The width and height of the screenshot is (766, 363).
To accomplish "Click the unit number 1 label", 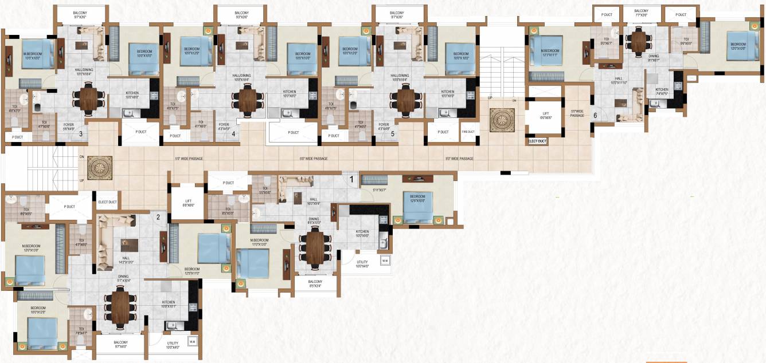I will point(352,179).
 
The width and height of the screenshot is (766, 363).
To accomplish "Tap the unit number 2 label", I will point(158,216).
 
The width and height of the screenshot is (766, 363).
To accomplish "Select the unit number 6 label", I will point(595,115).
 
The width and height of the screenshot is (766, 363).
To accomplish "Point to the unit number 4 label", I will point(233,135).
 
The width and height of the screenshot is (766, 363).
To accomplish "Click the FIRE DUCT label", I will point(468,132).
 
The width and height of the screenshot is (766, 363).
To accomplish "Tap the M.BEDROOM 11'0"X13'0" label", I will point(260,242).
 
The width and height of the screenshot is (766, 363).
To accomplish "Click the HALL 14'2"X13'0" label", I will point(126,261).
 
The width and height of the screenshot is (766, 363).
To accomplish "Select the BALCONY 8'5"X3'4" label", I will point(315,283).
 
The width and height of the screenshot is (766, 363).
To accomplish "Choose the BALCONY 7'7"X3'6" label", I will point(641,13).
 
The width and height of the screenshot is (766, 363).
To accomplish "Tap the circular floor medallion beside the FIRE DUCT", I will point(503,119).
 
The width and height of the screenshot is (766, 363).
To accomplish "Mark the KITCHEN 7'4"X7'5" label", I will point(662,91).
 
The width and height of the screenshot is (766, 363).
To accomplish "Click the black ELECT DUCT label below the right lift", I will point(537,141).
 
